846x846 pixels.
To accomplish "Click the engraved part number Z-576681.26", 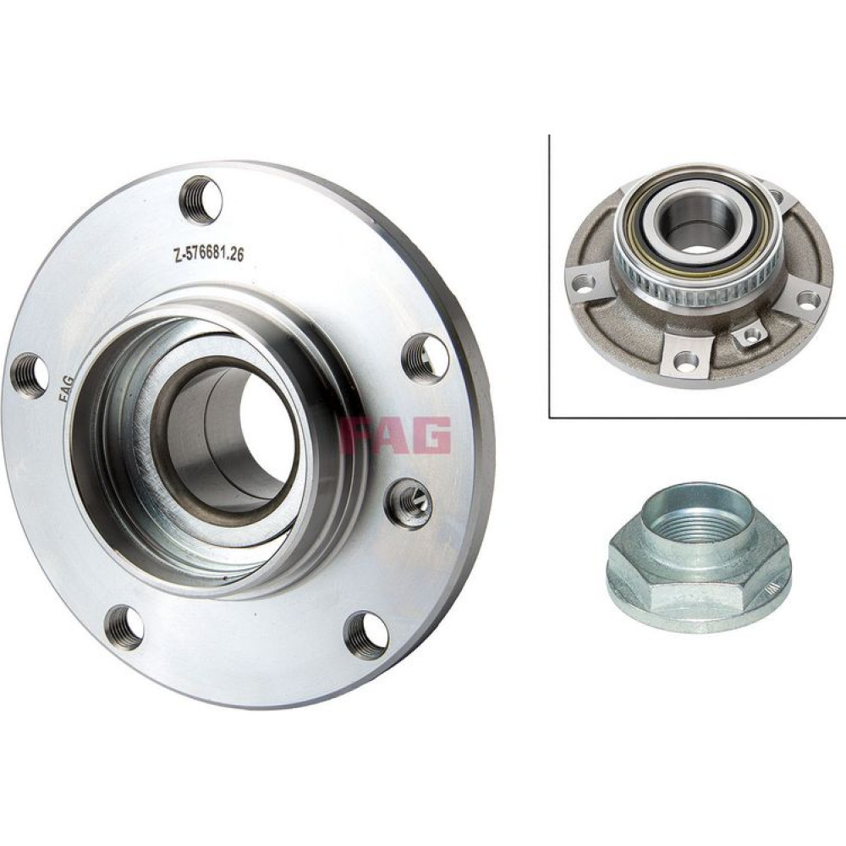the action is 208,254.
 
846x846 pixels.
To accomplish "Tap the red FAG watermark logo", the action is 395,435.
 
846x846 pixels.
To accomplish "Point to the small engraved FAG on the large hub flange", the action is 67,388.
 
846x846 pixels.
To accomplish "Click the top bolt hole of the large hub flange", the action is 201,200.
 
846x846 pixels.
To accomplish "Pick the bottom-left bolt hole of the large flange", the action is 124,627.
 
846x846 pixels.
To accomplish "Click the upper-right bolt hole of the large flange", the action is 426,357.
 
